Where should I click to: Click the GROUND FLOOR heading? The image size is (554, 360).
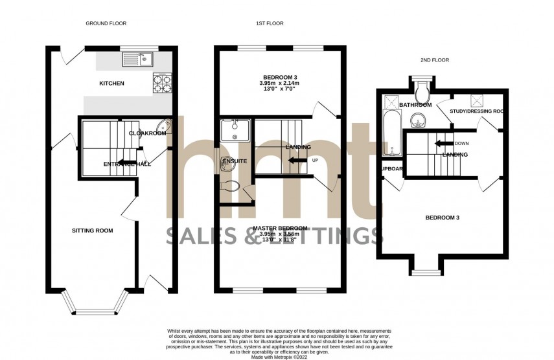106,23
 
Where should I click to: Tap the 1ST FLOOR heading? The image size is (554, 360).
270,23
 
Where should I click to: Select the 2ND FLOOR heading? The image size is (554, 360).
435,60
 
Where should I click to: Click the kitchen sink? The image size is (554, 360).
137,60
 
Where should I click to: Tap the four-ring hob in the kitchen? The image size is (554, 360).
161,82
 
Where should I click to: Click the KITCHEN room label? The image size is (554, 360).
111,84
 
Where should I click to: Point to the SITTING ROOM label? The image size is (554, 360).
92,230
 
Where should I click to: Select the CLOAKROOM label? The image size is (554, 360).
147,133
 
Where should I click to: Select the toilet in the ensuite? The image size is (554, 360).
228,186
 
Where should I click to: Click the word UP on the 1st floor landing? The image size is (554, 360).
316,159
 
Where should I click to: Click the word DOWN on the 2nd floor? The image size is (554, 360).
462,143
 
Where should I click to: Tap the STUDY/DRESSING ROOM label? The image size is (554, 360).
477,111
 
